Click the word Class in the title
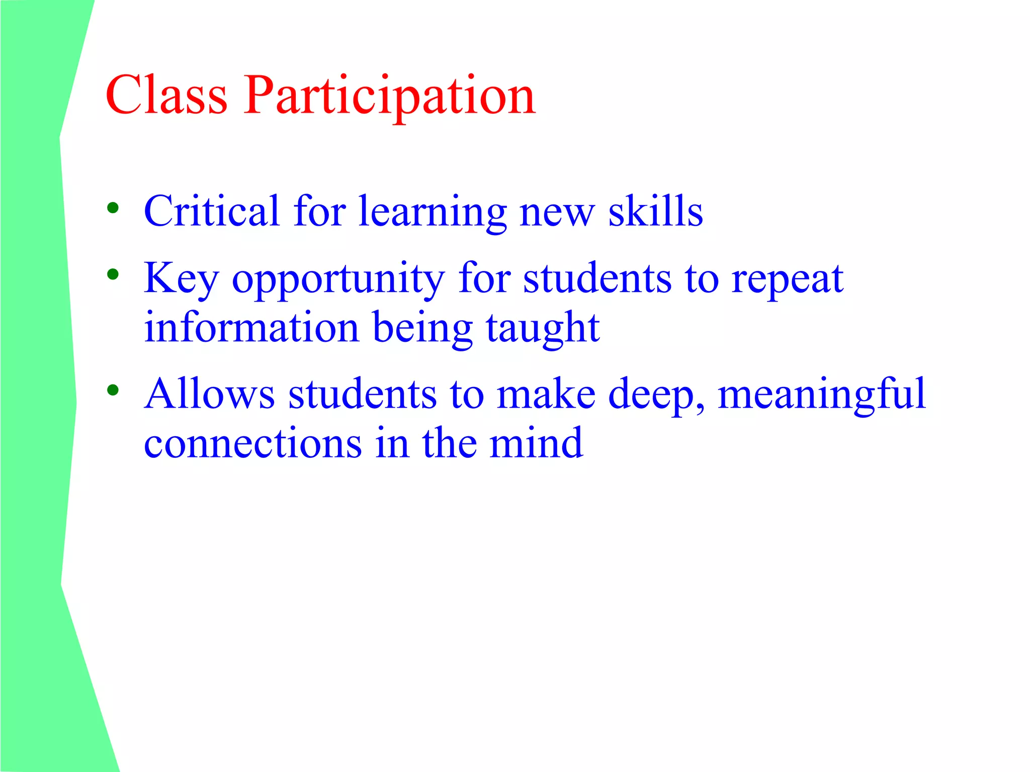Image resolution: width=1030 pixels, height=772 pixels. [166, 95]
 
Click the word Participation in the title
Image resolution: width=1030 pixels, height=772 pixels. [390, 96]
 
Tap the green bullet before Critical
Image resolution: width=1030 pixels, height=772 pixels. [113, 208]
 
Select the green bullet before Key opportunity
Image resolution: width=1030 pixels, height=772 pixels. [113, 274]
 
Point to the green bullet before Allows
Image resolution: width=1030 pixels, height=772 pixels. [113, 390]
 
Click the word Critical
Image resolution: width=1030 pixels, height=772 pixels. [211, 211]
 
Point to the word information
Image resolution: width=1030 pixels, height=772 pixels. [251, 328]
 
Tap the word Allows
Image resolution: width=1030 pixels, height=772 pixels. [209, 394]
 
